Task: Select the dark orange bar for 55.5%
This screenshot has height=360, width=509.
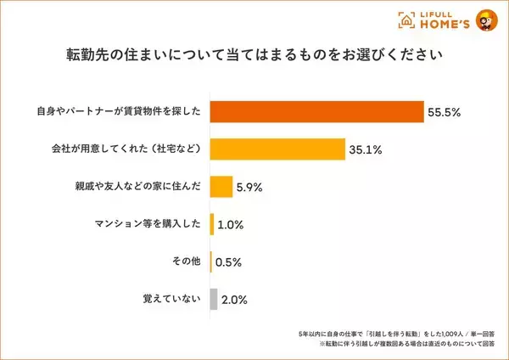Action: pyautogui.click(x=316, y=111)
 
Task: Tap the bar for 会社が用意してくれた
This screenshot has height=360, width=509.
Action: pyautogui.click(x=277, y=149)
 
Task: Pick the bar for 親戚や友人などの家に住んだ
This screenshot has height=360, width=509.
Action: pyautogui.click(x=221, y=186)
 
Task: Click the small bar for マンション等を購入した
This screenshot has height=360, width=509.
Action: pyautogui.click(x=212, y=224)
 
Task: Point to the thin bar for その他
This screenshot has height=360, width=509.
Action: pyautogui.click(x=211, y=262)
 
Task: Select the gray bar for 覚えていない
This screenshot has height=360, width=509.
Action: pyautogui.click(x=214, y=299)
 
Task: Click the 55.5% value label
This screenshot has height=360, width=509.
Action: pyautogui.click(x=446, y=112)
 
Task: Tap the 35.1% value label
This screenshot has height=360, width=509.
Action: pyautogui.click(x=365, y=149)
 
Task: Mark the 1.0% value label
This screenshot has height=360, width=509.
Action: pyautogui.click(x=232, y=224)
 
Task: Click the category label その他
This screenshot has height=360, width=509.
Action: pyautogui.click(x=187, y=262)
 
